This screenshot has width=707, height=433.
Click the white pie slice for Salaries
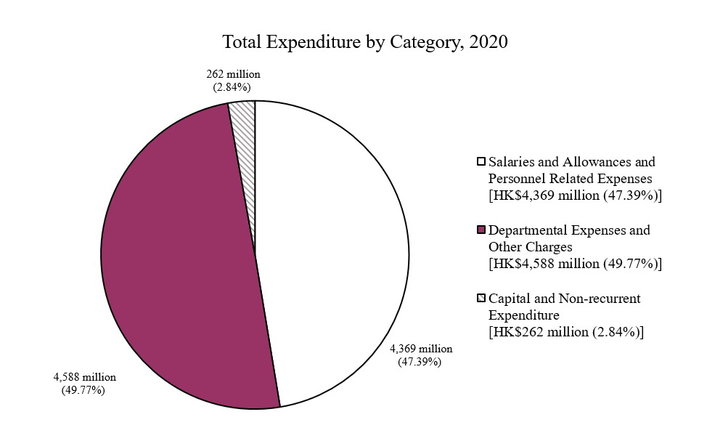334,247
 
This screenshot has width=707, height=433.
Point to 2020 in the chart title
489,42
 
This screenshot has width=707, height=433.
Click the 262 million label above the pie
232,74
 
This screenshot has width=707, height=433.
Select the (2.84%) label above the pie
232,86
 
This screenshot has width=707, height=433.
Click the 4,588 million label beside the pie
85,377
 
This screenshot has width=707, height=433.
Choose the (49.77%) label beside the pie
84,390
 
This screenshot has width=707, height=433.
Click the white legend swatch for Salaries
481,161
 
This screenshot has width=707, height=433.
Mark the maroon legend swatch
481,230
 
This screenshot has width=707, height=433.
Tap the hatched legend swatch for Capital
481,299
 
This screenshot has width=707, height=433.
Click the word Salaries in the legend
512,161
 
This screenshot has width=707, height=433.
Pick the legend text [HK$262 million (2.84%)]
566,332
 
